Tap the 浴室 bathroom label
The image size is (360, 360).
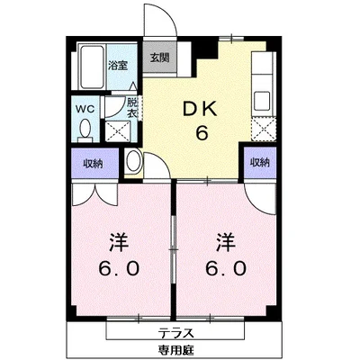[x=118, y=66]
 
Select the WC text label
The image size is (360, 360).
[x=85, y=109]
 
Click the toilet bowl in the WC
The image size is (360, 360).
[x=85, y=129]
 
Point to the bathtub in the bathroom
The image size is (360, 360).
[x=91, y=67]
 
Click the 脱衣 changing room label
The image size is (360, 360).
[x=132, y=108]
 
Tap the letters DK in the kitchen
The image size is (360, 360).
[x=200, y=110]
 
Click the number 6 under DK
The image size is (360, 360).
[x=202, y=133]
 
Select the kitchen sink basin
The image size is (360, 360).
[x=262, y=101]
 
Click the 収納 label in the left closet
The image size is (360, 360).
[x=94, y=164]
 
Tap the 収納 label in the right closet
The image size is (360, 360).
[x=260, y=162]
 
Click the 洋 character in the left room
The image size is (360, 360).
[x=119, y=242]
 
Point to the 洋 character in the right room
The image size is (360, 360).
[x=226, y=242]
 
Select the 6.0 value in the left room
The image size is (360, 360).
[x=119, y=268]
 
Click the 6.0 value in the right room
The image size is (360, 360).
[x=226, y=268]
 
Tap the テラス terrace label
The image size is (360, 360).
[x=175, y=333]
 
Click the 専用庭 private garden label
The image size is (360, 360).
[x=176, y=349]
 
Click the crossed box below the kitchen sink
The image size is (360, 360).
[x=264, y=129]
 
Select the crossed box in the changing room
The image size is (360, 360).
[x=117, y=131]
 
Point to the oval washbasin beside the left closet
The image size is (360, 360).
[x=133, y=161]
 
